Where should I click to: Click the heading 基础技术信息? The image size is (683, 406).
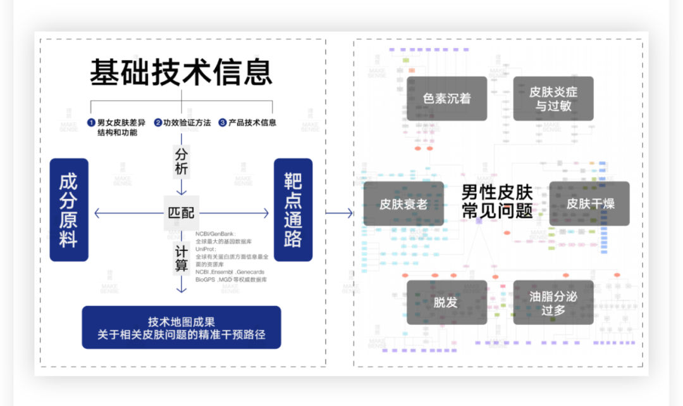point(181,73)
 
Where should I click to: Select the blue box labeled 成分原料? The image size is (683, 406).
point(69,210)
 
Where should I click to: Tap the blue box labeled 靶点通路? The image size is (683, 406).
point(293,210)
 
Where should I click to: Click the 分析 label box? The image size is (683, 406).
point(182,162)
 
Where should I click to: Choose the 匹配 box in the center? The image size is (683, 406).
point(181,213)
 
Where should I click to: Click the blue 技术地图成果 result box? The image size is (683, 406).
point(181,327)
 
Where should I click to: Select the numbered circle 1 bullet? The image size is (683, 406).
point(91,123)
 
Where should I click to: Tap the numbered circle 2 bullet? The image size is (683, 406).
point(158,123)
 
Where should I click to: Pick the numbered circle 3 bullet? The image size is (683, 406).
point(223,123)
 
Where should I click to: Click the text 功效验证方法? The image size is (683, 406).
point(187,123)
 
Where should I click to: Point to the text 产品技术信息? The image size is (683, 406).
point(252,123)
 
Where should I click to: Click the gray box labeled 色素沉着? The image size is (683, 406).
point(446,99)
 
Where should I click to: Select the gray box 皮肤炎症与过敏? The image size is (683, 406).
point(553,99)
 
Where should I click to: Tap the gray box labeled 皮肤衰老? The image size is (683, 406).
point(403,204)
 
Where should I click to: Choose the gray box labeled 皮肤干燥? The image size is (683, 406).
point(589,204)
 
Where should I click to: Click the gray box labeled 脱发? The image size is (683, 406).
point(446,303)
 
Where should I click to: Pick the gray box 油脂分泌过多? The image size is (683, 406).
point(553,303)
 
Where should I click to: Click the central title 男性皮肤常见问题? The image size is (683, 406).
point(497,201)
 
